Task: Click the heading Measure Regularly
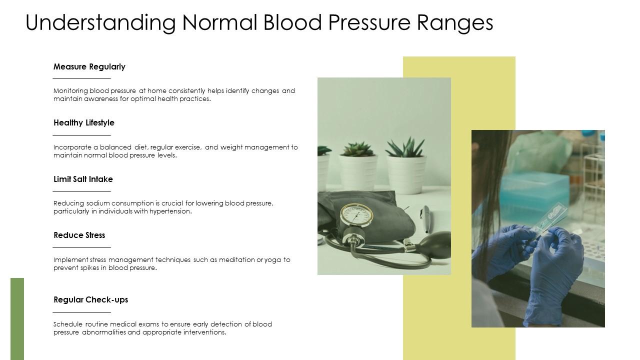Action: click(x=89, y=66)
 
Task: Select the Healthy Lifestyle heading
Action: click(x=83, y=122)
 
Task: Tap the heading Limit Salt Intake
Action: click(x=83, y=179)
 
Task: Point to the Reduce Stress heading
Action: click(x=79, y=235)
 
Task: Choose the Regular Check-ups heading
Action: click(x=90, y=299)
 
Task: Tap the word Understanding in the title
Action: click(x=100, y=22)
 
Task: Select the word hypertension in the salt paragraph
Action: click(x=171, y=211)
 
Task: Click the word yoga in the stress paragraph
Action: click(x=273, y=260)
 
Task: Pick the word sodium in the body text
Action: click(x=98, y=203)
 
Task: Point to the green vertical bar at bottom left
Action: click(x=17, y=318)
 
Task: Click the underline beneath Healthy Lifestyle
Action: click(x=82, y=135)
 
